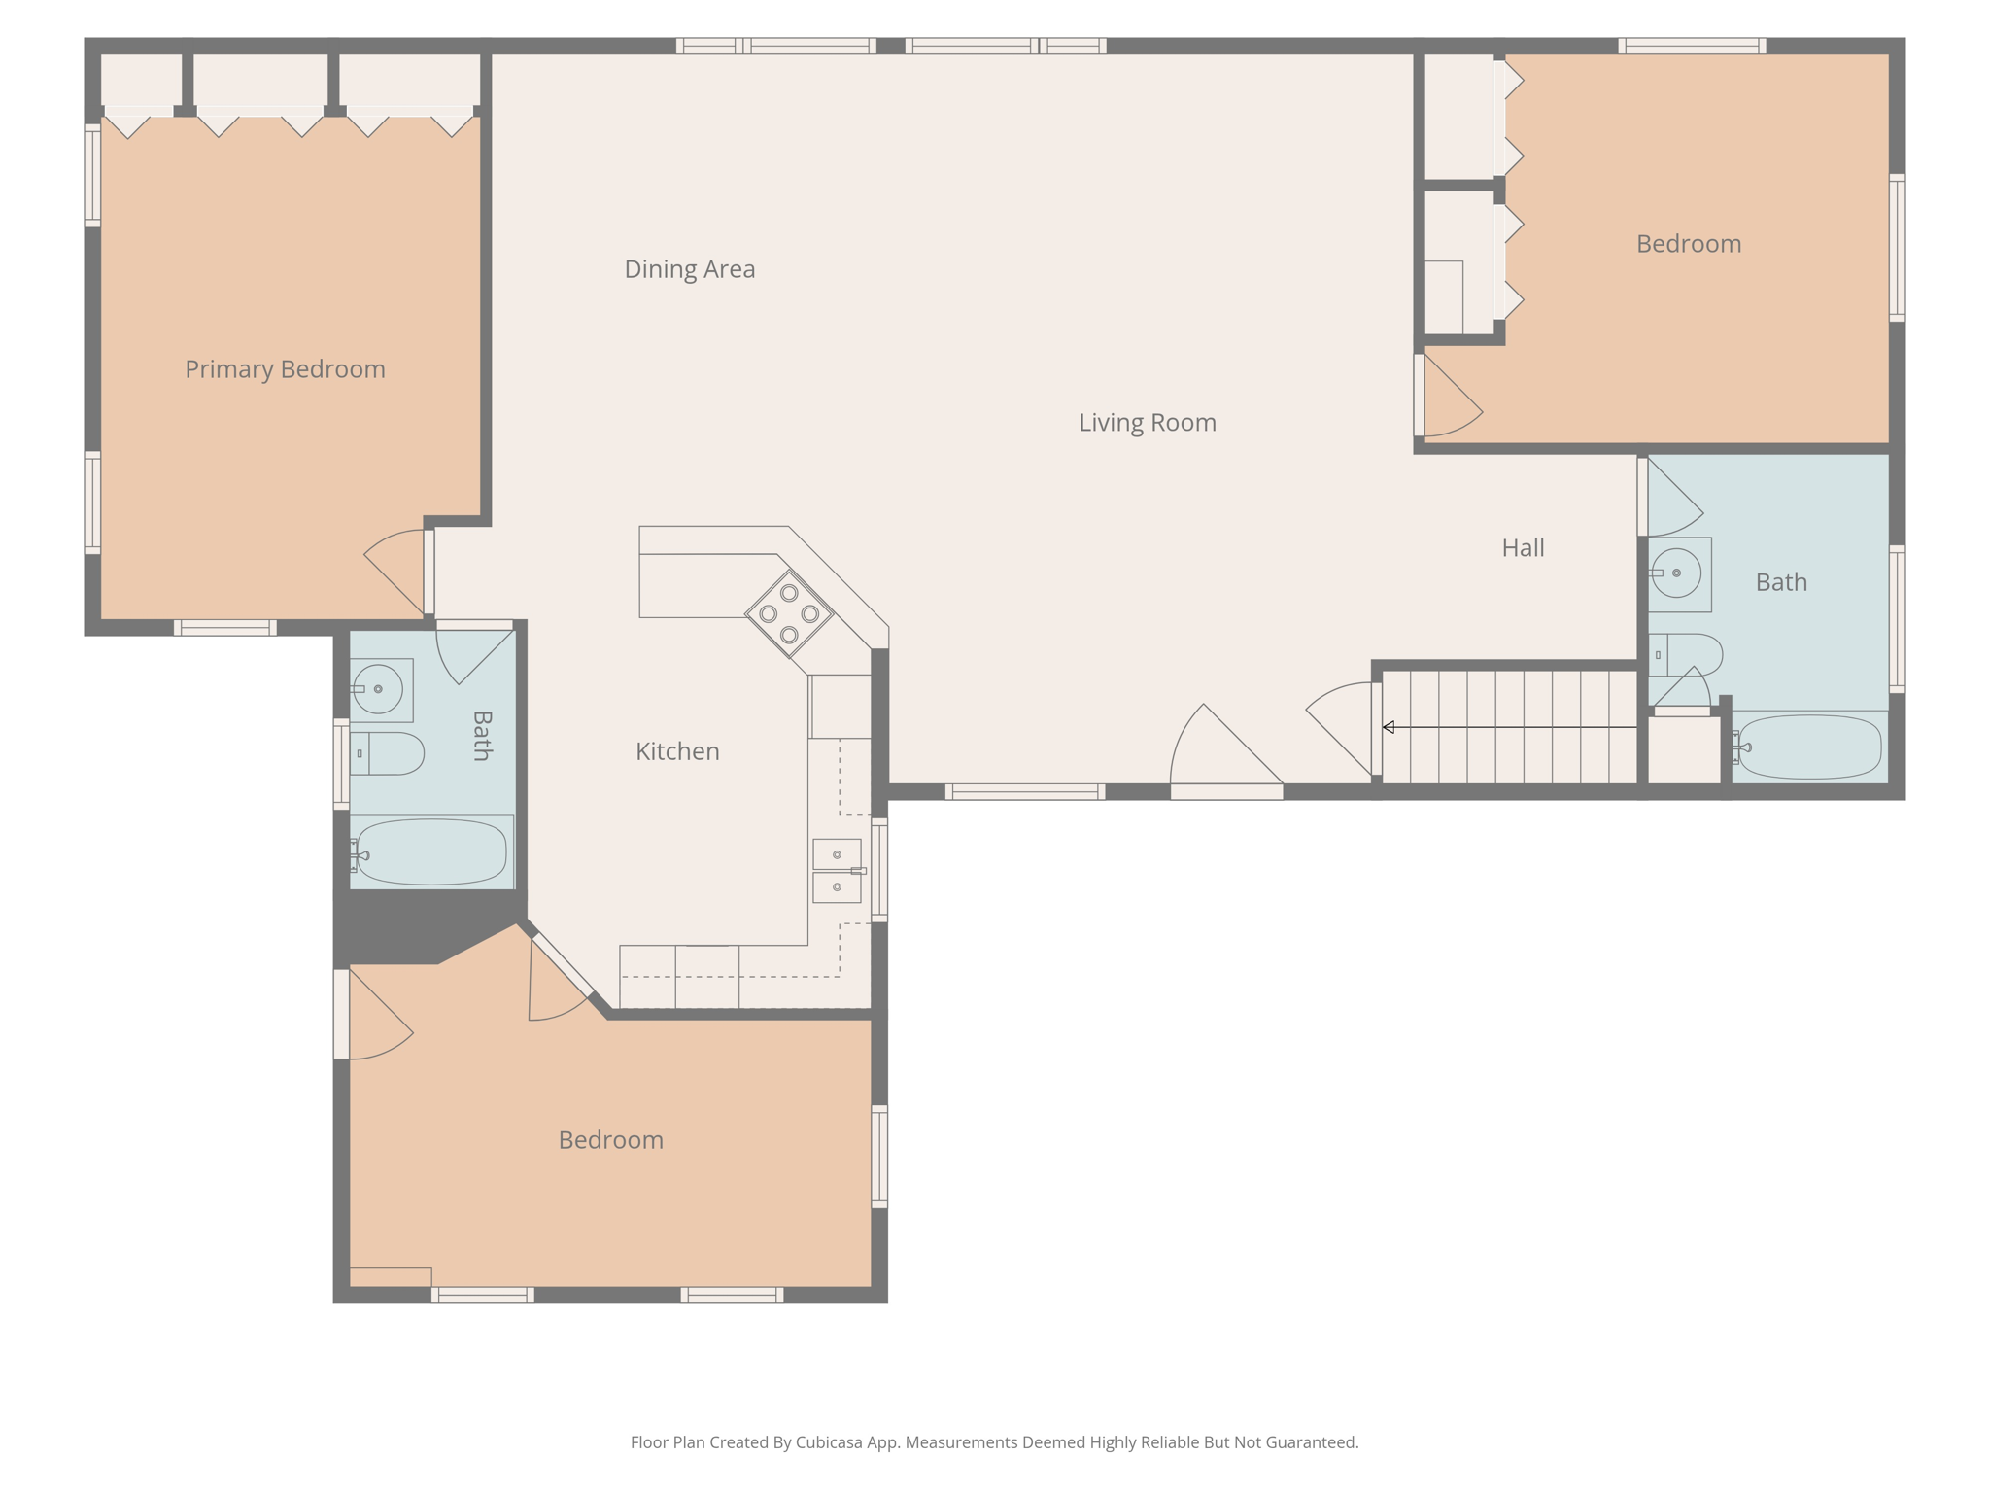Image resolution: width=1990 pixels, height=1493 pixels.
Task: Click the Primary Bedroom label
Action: click(285, 369)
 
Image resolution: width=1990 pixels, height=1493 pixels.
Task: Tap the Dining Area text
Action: click(689, 269)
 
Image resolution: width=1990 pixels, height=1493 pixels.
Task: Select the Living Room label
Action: click(1147, 423)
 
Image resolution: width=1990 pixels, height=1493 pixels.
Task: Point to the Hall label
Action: click(1522, 548)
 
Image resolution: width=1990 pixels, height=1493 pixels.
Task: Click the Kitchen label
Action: click(677, 751)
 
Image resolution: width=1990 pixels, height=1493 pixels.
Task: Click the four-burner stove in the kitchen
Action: click(789, 613)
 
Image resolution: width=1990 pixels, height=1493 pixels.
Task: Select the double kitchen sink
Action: click(837, 871)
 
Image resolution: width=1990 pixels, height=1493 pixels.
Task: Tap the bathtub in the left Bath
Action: click(431, 851)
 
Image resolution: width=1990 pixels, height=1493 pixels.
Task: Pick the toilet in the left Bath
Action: click(389, 753)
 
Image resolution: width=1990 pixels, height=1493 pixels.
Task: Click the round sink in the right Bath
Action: click(1677, 573)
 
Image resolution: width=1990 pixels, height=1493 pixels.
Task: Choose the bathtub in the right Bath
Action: click(1808, 746)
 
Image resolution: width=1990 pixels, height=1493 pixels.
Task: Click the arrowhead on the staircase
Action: click(1389, 727)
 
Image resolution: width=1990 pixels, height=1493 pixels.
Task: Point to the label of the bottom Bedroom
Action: click(610, 1140)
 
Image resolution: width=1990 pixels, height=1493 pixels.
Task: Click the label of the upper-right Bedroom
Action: click(1688, 244)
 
